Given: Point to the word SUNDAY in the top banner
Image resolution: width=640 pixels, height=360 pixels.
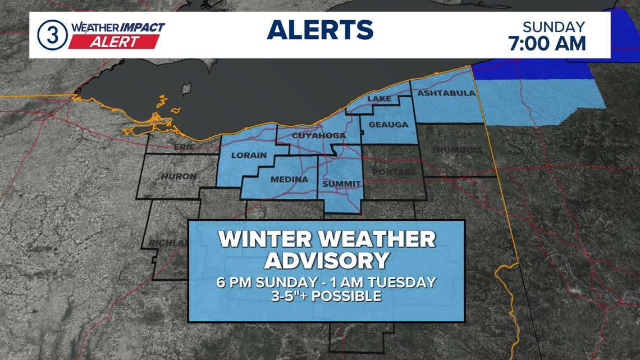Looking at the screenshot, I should click(x=554, y=27).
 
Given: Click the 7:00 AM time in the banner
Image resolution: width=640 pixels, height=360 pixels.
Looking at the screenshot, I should click(x=547, y=43).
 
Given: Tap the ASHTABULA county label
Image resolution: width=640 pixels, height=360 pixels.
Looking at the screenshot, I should click(x=446, y=93).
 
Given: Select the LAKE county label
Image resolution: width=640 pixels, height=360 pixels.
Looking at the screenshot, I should click(x=379, y=99).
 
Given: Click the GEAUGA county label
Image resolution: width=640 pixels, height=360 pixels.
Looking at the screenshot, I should click(x=388, y=125).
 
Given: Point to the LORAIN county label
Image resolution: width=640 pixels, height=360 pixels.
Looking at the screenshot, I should click(x=248, y=155).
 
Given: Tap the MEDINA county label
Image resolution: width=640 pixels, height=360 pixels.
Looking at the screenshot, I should click(x=290, y=180).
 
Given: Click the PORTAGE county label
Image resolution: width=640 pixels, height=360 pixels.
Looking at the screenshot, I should click(x=395, y=171).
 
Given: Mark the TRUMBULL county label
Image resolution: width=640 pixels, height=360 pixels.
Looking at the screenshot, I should click(x=458, y=150).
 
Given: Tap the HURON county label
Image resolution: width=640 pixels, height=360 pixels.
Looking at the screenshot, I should click(x=179, y=176).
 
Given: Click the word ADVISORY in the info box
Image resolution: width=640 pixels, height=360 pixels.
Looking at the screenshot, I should click(x=327, y=261).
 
